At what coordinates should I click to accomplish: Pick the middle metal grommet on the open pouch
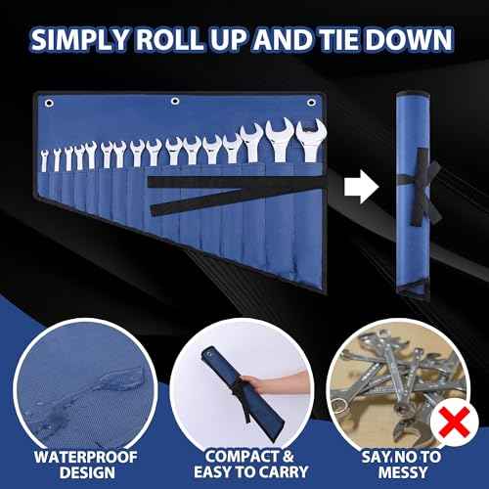[175, 100]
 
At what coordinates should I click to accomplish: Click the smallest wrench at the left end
[44, 161]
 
